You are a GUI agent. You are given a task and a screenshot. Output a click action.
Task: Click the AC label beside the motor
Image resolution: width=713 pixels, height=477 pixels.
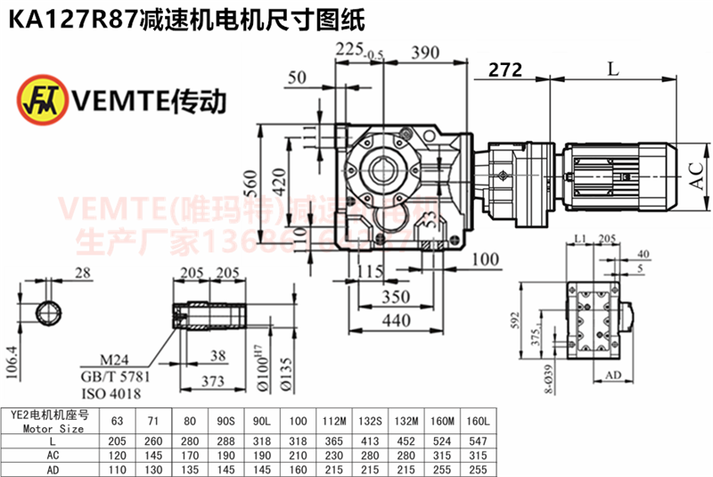(697, 174)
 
